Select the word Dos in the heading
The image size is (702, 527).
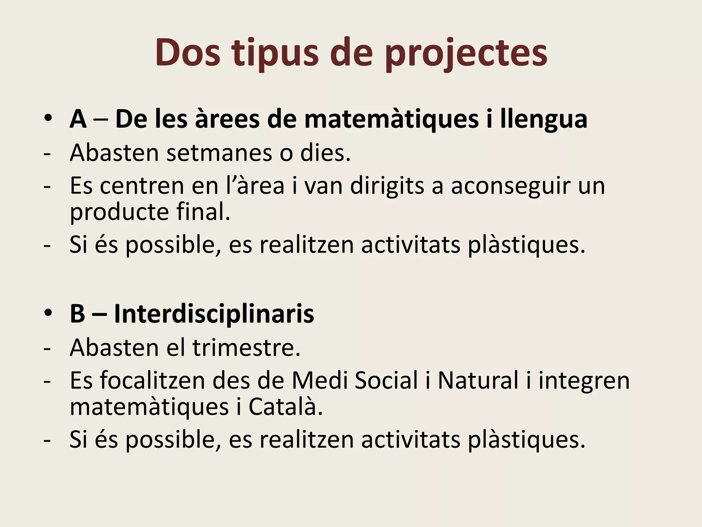point(187,54)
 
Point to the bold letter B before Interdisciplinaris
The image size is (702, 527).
point(77,314)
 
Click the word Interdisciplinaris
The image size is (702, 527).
point(214,314)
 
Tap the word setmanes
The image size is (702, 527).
point(219,153)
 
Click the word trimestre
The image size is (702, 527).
point(246,348)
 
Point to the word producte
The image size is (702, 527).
point(119,212)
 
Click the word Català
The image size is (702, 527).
point(285,407)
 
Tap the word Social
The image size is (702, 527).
point(386,380)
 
